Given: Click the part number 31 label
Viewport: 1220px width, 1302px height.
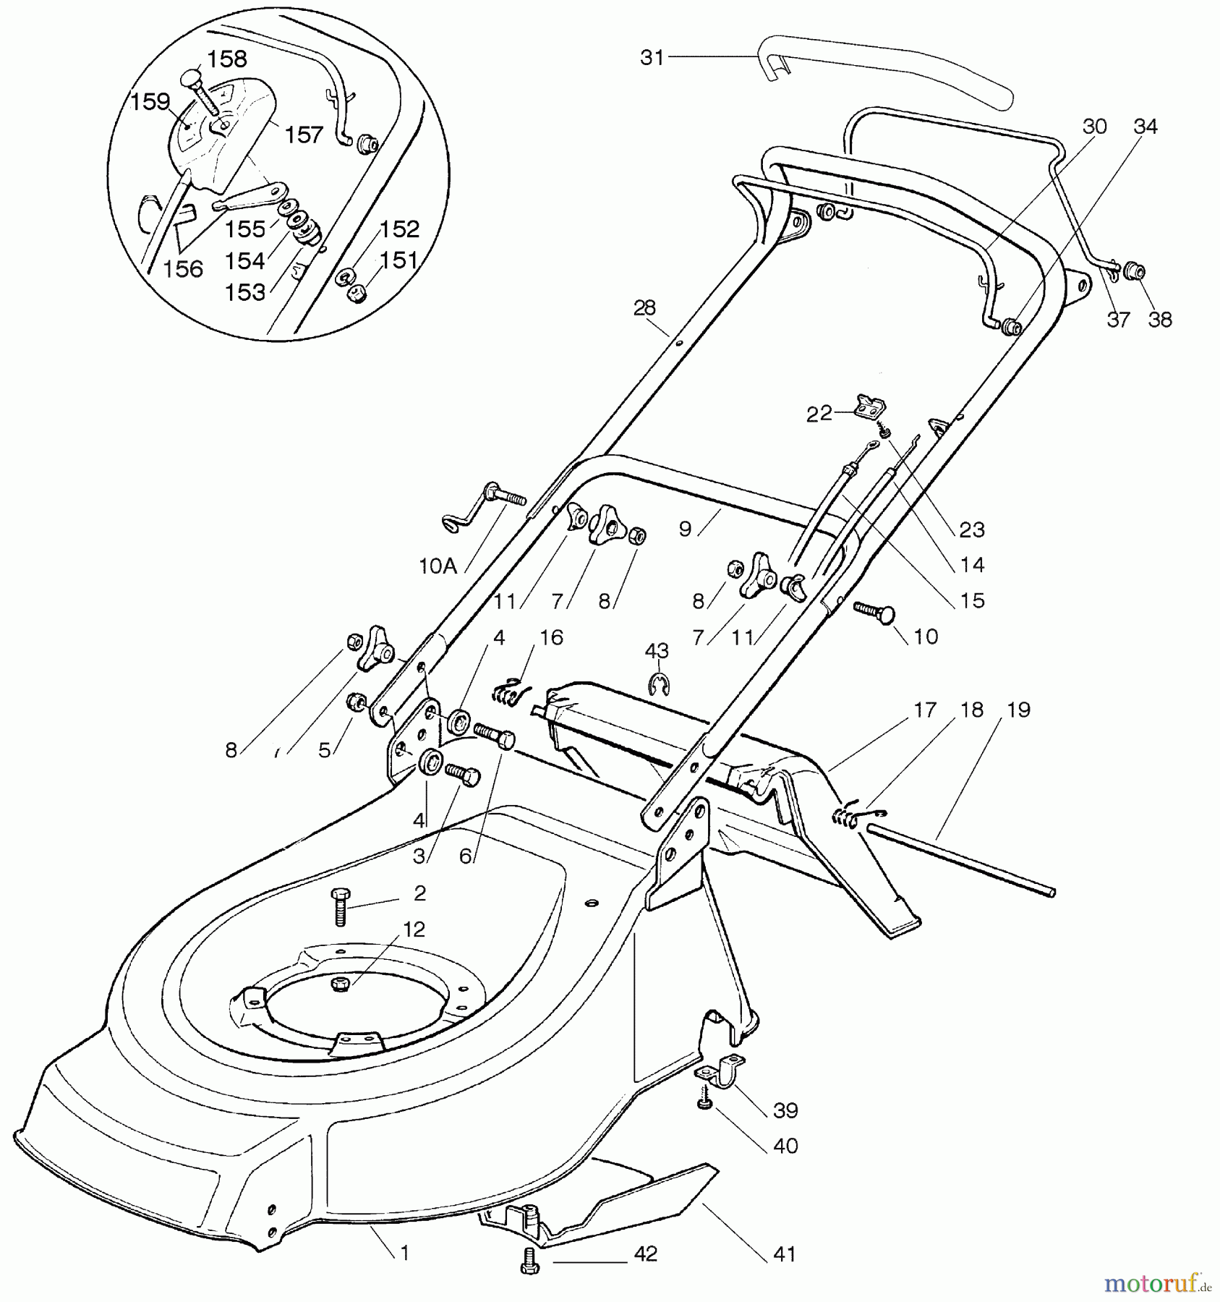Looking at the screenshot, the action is pos(652,58).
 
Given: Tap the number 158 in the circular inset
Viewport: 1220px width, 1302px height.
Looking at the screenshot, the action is pos(228,59).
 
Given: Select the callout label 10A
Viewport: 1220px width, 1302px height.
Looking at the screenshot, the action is pos(438,566).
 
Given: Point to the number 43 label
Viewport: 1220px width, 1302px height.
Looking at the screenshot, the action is pos(657,651).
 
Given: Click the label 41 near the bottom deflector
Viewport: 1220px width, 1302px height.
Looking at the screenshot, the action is pos(784,1254).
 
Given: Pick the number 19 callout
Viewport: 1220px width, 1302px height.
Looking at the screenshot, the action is pos(1018,710).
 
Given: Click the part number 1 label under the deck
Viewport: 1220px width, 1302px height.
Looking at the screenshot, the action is pos(405,1253).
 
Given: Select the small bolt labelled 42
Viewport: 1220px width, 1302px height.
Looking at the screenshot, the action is pos(530,1261).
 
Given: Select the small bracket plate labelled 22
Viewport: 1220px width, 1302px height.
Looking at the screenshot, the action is pos(871,406).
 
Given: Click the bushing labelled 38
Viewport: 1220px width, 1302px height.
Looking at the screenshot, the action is pos(1133,273).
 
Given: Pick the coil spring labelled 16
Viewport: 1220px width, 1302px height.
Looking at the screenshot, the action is pos(510,692).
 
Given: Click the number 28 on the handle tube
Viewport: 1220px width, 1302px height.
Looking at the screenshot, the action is pos(644,308).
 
